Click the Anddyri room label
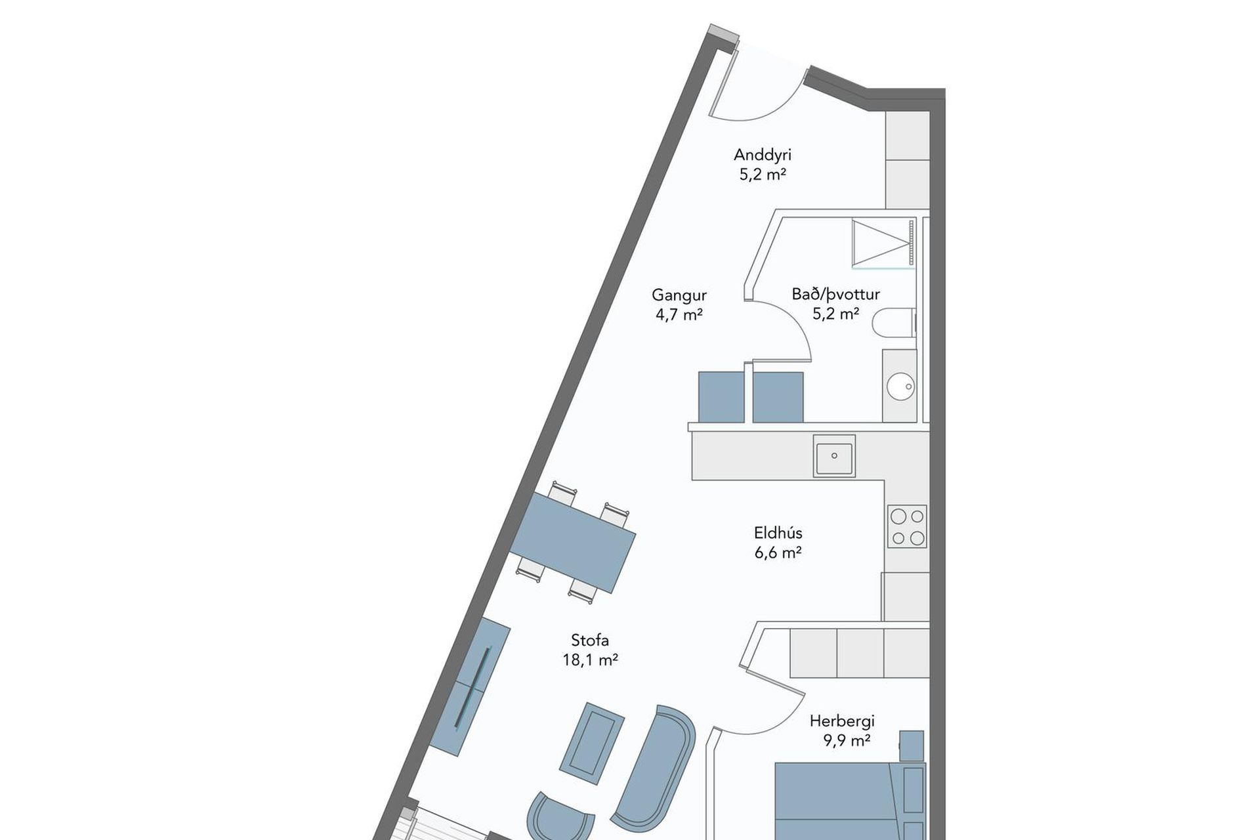(763, 156)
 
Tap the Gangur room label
(679, 295)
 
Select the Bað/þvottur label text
(835, 295)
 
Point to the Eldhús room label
(778, 532)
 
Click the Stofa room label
(590, 640)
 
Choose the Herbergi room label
(842, 721)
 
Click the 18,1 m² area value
(590, 660)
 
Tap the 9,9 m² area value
(847, 742)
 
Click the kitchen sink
(834, 455)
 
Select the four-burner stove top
(907, 526)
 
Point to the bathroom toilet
(894, 323)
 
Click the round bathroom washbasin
(900, 386)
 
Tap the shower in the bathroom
(883, 243)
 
